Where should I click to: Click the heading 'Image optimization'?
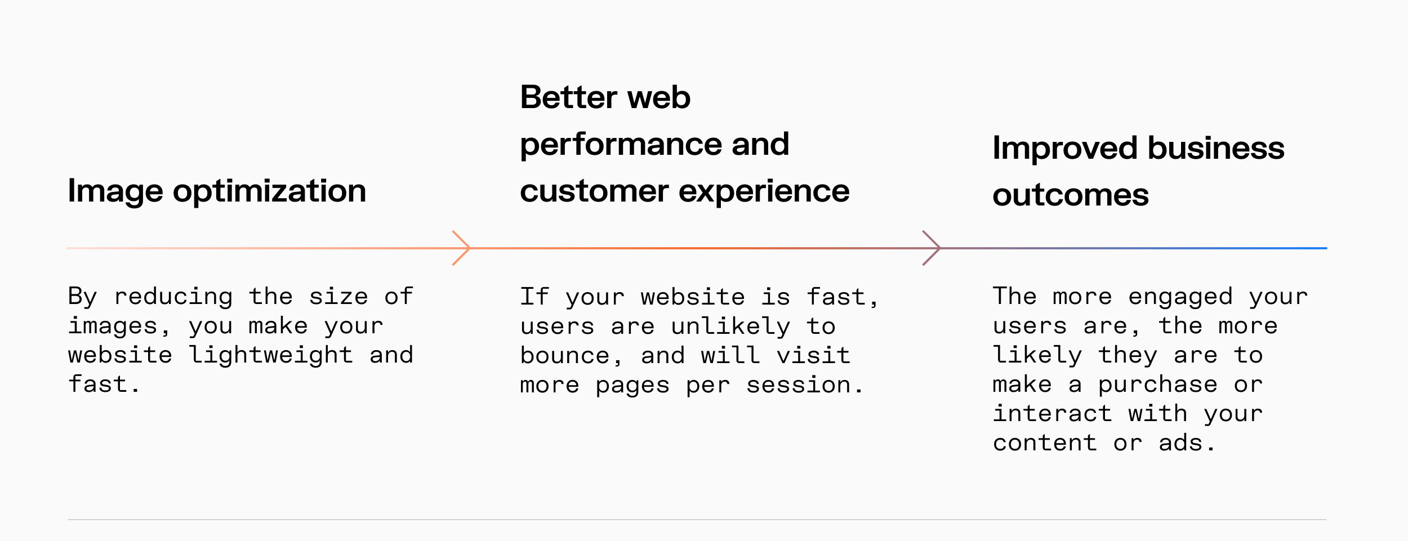click(217, 191)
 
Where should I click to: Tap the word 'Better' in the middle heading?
click(569, 97)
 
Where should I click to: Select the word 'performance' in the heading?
click(621, 145)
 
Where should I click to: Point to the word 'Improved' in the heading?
click(1065, 149)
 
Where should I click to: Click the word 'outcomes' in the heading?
click(1070, 195)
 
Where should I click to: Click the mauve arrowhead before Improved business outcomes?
click(933, 248)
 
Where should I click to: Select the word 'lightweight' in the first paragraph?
click(271, 355)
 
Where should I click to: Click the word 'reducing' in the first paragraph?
click(173, 297)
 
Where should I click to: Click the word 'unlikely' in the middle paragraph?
click(730, 327)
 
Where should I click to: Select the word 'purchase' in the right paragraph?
click(1157, 385)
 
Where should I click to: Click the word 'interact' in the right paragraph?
click(1052, 414)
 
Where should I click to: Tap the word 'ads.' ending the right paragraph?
click(1187, 443)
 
